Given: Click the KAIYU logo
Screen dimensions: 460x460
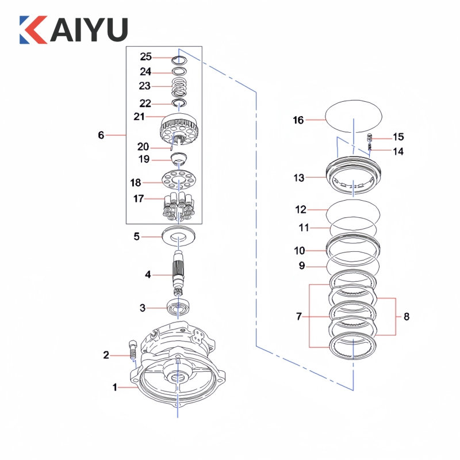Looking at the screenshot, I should point(73,29).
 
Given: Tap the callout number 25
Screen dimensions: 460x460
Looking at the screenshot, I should point(145,57).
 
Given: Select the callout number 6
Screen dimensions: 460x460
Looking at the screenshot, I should point(101,135).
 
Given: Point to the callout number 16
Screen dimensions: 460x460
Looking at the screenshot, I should point(298,120).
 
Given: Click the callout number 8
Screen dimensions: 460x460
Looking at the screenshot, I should point(407,316).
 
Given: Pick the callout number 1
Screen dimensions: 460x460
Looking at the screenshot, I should point(114,388).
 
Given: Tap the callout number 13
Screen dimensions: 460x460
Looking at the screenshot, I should point(298,178).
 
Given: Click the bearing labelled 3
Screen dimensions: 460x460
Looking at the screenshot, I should point(178,307).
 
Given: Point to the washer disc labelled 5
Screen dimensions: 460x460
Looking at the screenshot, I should point(180,235).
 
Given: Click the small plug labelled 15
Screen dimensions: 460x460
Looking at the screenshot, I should point(371,137).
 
